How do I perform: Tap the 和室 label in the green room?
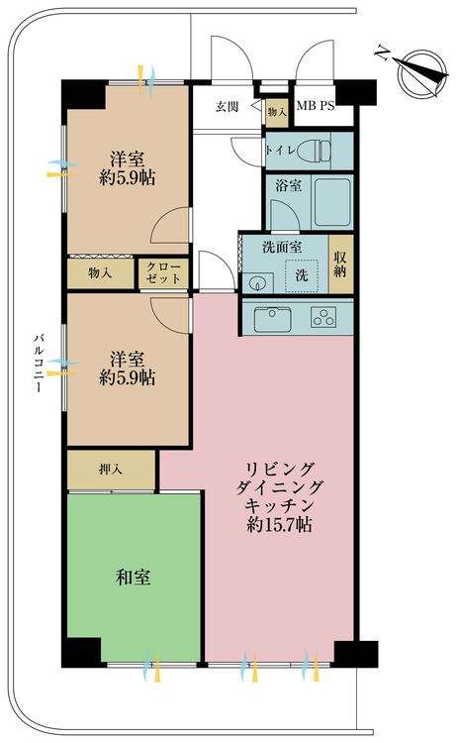(133, 576)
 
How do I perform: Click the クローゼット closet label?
(163, 272)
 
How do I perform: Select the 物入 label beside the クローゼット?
(100, 272)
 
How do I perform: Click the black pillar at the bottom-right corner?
(355, 654)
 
